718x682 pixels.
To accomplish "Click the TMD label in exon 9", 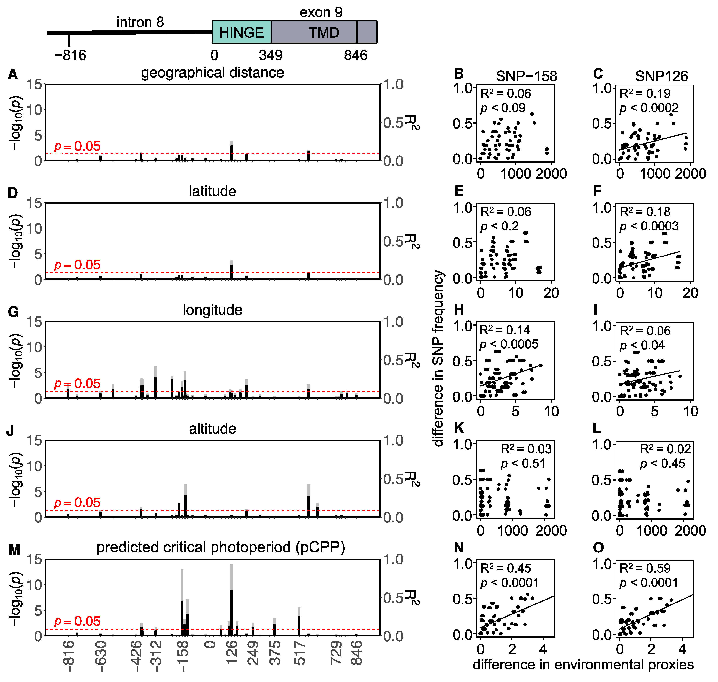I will click(324, 33).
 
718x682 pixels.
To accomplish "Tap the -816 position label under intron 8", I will click(70, 55).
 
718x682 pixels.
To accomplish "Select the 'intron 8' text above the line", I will click(140, 22).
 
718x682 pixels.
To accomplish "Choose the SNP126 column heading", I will click(661, 76).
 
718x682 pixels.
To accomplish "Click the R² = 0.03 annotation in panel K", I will click(526, 449).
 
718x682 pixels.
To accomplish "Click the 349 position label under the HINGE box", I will click(271, 55).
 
